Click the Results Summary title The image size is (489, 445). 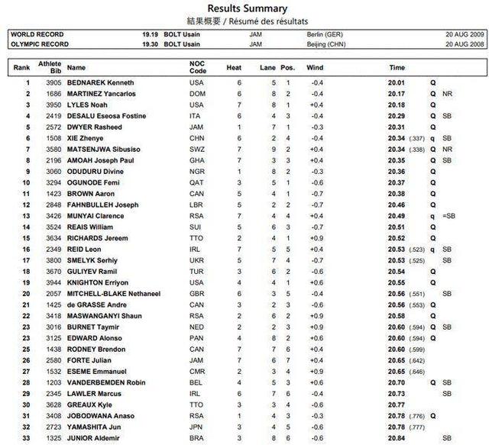(244, 8)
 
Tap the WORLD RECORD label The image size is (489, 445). (37, 34)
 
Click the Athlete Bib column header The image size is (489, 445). (50, 67)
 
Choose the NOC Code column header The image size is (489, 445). (198, 67)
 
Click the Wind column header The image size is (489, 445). (315, 67)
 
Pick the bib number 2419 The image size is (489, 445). (50, 116)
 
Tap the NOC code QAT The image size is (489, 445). (197, 183)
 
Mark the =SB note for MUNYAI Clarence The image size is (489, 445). (447, 216)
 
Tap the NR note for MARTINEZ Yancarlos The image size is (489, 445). (447, 94)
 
